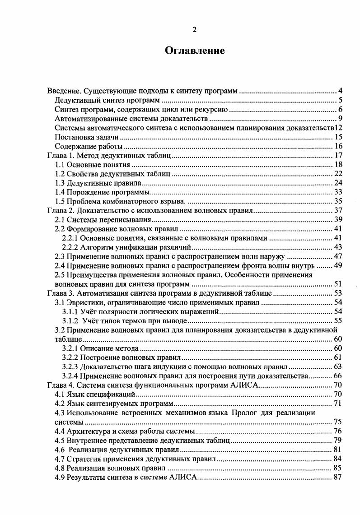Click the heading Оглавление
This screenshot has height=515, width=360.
[194, 51]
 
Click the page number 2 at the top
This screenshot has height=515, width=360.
[194, 30]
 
